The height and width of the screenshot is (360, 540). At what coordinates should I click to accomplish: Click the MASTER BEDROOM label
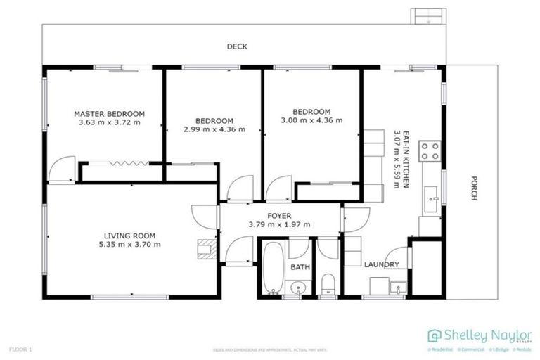[x=109, y=113]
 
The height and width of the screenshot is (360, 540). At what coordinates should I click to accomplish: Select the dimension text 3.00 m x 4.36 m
[x=311, y=120]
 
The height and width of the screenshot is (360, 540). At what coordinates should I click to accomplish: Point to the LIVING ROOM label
[x=129, y=236]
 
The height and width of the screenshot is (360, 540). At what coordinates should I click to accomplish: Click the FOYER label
[x=279, y=216]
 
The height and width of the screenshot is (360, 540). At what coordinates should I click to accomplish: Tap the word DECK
[x=236, y=47]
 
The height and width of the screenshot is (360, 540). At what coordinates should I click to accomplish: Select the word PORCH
[x=474, y=188]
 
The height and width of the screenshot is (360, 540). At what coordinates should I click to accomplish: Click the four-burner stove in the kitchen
[x=430, y=151]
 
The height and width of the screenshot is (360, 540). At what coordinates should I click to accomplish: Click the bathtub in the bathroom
[x=274, y=269]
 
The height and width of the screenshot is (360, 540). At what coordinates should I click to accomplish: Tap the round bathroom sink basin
[x=298, y=287]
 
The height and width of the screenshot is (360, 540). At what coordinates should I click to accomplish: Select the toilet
[x=328, y=284]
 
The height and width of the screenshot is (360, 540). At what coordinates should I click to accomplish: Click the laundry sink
[x=399, y=288]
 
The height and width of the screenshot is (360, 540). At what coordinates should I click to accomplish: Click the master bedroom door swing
[x=63, y=169]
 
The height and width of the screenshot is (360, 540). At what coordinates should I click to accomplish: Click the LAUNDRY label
[x=382, y=264]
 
